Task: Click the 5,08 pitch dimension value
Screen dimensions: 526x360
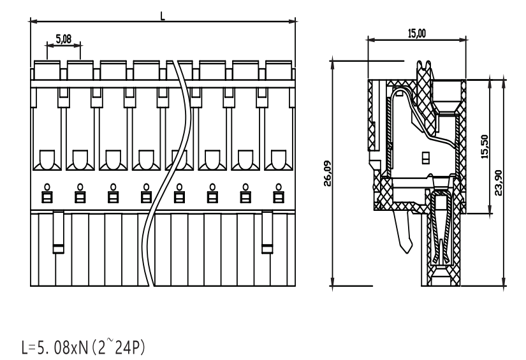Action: [63, 39]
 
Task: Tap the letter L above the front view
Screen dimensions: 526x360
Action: [163, 16]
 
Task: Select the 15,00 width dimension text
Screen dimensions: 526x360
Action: [416, 34]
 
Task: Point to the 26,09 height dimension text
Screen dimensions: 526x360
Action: [327, 173]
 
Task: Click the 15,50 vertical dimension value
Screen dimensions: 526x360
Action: [485, 147]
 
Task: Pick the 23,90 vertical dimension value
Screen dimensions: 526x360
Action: [499, 183]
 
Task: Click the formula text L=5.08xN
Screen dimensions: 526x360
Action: [55, 348]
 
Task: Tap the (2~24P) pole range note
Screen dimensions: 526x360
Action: [118, 347]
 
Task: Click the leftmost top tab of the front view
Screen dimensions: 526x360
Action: [47, 70]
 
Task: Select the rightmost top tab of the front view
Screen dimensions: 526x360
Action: [279, 70]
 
